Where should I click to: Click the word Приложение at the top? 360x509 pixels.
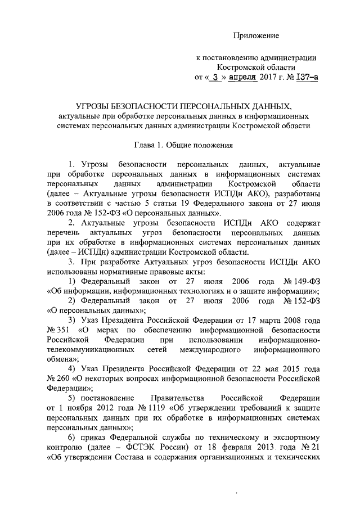[x=256, y=36]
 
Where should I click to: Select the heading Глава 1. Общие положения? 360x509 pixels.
[x=179, y=145]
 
